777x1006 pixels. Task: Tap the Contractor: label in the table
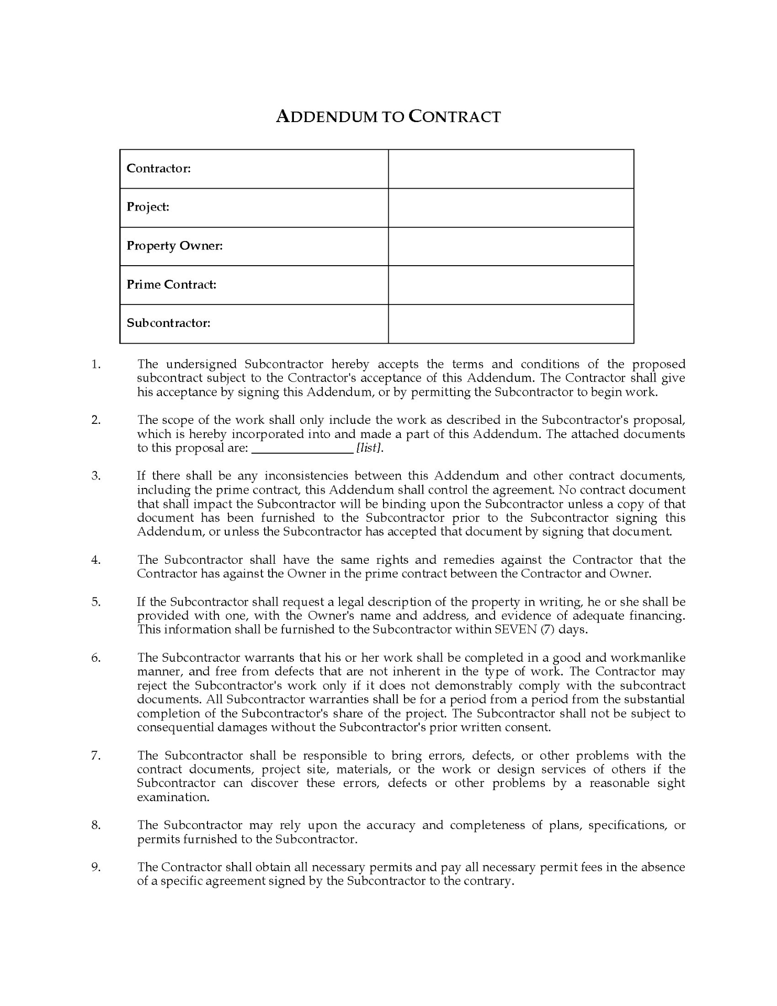(159, 168)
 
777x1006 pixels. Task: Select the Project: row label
(148, 207)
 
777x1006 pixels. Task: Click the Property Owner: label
(175, 246)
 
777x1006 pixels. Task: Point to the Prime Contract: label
(171, 285)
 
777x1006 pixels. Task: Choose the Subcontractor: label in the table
(169, 323)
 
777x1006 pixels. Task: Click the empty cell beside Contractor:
(511, 169)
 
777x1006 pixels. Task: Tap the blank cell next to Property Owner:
(511, 246)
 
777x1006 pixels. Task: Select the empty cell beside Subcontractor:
(511, 324)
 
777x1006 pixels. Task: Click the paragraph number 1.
(96, 364)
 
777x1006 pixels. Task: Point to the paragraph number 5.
(96, 602)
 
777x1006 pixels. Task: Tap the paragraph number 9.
(96, 867)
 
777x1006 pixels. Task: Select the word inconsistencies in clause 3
(306, 476)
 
